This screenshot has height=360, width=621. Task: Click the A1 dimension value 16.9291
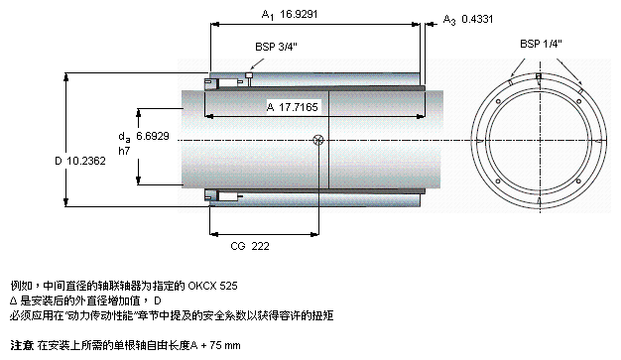(x=299, y=14)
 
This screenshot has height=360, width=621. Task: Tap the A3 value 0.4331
(x=477, y=19)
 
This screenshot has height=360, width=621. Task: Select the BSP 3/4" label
(x=276, y=47)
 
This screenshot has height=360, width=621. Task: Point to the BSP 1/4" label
(x=541, y=44)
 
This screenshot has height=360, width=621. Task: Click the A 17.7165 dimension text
(x=293, y=107)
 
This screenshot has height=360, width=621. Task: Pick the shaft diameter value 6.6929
(x=153, y=136)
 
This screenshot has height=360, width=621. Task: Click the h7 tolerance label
(x=124, y=151)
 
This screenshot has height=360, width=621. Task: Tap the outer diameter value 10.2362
(x=86, y=161)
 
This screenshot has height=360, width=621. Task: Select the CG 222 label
(x=250, y=246)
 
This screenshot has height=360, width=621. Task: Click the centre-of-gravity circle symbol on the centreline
(x=318, y=140)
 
